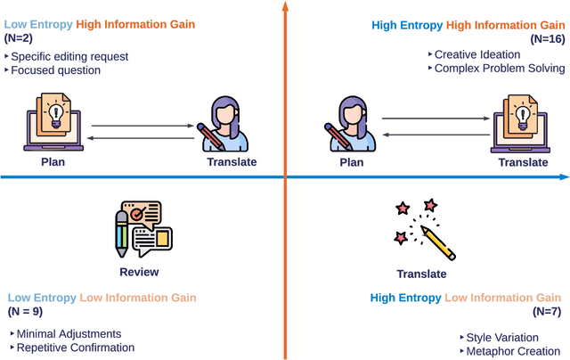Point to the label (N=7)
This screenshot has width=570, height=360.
click(x=548, y=312)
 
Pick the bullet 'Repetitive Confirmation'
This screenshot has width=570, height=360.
click(x=76, y=347)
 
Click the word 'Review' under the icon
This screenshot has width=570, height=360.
click(x=139, y=272)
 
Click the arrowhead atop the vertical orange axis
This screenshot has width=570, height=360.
click(x=285, y=8)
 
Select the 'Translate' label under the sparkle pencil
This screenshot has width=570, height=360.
click(x=421, y=274)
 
